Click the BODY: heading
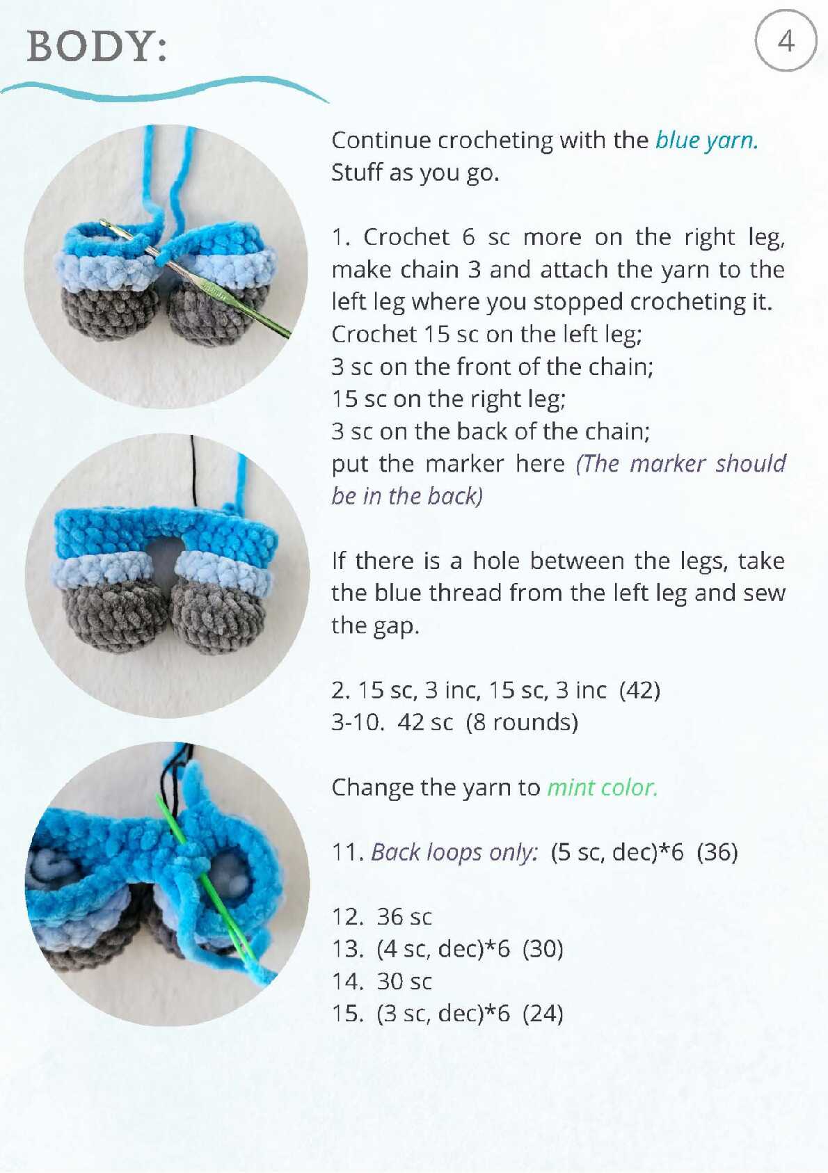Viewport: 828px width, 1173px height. pyautogui.click(x=97, y=47)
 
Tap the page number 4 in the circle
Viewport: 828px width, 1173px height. pyautogui.click(x=786, y=41)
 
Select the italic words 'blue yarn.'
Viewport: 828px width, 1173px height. pyautogui.click(x=707, y=141)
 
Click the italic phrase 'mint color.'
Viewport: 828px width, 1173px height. pyautogui.click(x=603, y=788)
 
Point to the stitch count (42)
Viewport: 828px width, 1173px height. pyautogui.click(x=639, y=690)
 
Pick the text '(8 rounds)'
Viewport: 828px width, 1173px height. pyautogui.click(x=522, y=722)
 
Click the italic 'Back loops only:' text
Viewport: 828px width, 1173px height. pyautogui.click(x=454, y=852)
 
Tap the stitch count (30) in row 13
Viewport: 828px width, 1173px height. pyautogui.click(x=543, y=949)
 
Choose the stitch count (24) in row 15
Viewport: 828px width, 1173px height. pyautogui.click(x=543, y=1013)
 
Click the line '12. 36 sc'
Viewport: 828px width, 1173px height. pyautogui.click(x=382, y=917)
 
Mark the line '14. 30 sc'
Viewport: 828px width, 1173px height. pyautogui.click(x=382, y=982)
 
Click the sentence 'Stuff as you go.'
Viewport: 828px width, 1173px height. pyautogui.click(x=415, y=173)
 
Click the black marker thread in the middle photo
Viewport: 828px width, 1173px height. pyautogui.click(x=193, y=470)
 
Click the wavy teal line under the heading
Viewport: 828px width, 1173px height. pyautogui.click(x=164, y=89)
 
